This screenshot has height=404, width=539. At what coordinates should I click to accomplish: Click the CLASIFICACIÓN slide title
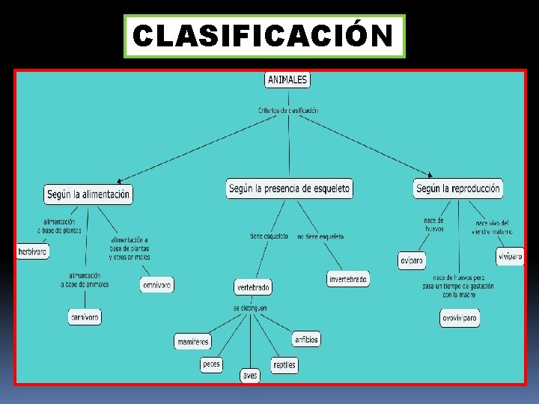point(264,35)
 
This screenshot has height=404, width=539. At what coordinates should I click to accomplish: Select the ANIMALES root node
point(287,79)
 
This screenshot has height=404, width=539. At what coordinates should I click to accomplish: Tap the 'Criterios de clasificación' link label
point(288,110)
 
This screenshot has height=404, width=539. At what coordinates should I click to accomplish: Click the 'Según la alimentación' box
point(88,194)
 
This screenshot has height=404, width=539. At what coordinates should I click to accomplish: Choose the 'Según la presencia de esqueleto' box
point(289,189)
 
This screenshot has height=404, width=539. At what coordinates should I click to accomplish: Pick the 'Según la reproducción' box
point(457,189)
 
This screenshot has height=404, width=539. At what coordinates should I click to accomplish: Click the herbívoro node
point(33,252)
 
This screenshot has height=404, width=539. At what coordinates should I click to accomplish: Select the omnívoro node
point(156,284)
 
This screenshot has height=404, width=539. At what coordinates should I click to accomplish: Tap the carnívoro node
point(85,317)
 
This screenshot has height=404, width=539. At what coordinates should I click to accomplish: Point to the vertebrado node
point(253,287)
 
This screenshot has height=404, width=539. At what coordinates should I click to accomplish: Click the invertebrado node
point(348,279)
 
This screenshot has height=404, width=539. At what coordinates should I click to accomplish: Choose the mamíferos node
point(193,341)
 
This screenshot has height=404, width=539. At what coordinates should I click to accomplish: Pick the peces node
point(211,364)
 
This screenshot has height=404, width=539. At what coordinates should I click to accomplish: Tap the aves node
point(250,376)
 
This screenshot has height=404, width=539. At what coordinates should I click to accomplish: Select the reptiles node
point(284,364)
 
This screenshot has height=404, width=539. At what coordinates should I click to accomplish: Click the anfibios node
point(306,339)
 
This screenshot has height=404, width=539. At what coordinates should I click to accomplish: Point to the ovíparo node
point(412,260)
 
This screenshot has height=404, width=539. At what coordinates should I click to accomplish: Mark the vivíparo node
point(510,257)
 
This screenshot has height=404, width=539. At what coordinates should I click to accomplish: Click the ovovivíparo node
point(459,318)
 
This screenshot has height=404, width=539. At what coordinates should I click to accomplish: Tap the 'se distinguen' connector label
point(249,307)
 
